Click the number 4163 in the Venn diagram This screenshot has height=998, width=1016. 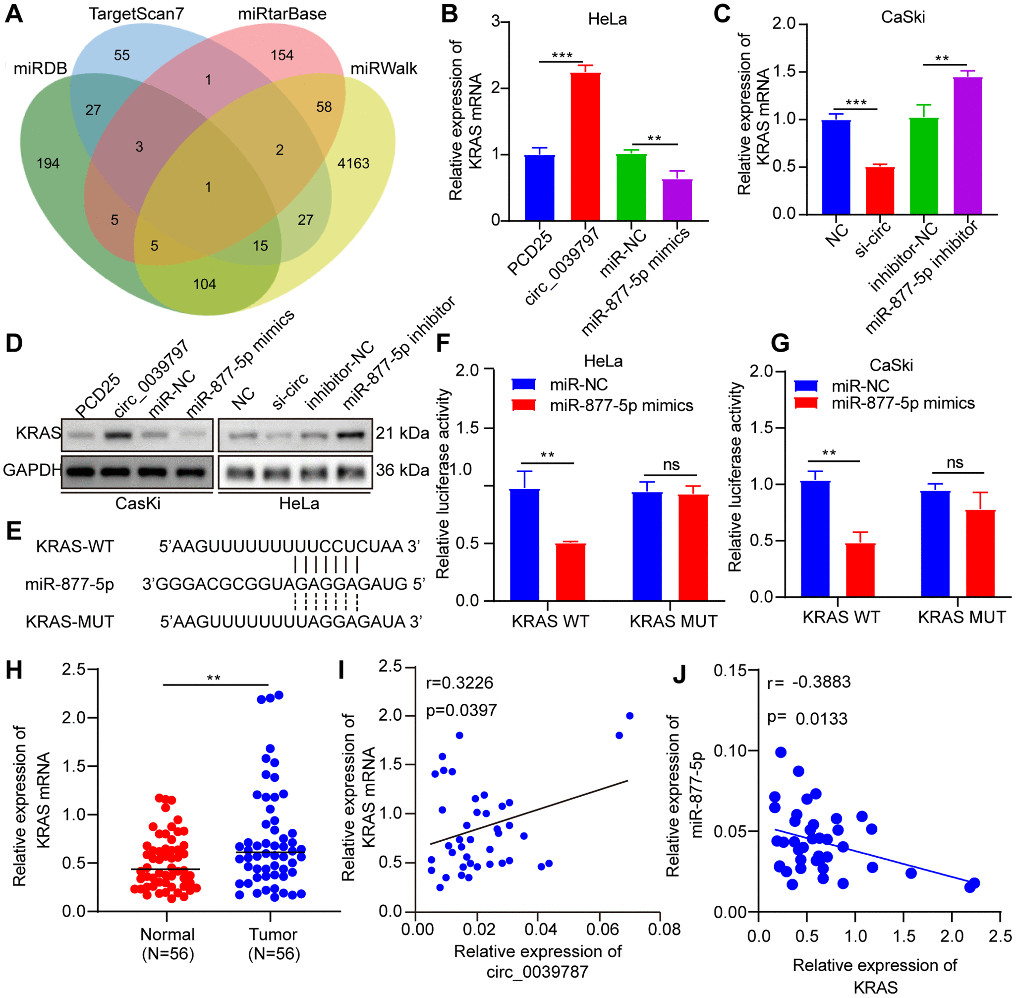coord(353,164)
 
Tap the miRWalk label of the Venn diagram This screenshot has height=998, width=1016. coord(384,68)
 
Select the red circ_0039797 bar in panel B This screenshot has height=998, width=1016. coord(585,147)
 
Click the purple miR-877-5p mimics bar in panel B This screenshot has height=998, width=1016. coord(677,200)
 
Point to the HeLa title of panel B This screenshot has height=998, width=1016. coord(607,19)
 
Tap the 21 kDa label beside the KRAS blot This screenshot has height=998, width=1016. coord(402,433)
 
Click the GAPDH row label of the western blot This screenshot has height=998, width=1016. coord(31,470)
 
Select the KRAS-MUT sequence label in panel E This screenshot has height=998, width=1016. coord(70,622)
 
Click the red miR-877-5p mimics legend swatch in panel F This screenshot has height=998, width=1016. coord(524,405)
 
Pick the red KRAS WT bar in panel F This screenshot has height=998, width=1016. coord(570,572)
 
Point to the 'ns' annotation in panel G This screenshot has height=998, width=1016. coord(955,462)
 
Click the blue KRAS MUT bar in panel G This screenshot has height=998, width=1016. coord(935,544)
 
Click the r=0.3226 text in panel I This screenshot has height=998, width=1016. coord(460,683)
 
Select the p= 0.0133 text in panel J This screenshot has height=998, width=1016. coord(807,719)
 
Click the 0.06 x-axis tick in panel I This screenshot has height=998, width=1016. coord(602,930)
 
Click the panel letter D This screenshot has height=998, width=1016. coord(14,343)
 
